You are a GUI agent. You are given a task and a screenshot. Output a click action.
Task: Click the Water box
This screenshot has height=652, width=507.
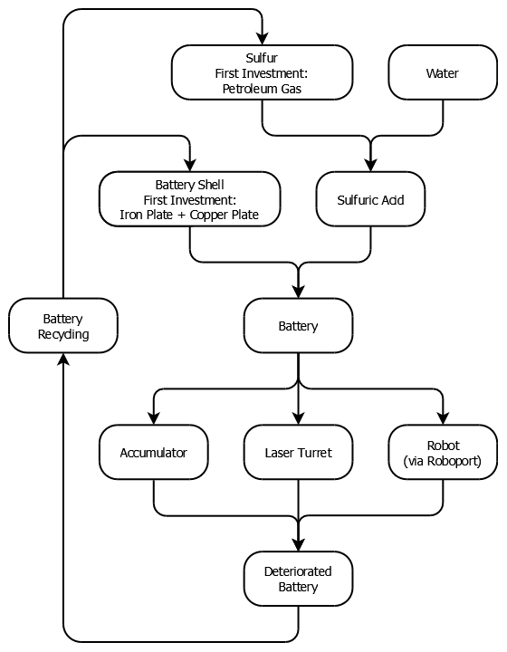coord(443,72)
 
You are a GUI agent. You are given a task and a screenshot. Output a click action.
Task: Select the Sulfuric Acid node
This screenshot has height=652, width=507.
coord(370,199)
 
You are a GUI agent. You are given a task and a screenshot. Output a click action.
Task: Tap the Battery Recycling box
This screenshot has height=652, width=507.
coord(63,326)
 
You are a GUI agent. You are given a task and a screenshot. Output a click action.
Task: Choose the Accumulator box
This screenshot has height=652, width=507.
coord(154,452)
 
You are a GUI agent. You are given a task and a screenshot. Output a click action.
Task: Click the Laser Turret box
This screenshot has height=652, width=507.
coord(299,452)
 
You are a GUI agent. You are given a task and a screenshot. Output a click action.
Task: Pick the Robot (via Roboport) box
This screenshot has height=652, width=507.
coord(443,452)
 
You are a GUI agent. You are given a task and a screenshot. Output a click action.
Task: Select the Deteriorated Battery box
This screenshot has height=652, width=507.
coord(299,579)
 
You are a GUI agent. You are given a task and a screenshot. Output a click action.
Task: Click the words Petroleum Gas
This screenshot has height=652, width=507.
coord(262,89)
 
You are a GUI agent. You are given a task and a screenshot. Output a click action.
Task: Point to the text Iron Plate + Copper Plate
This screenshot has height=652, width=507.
coord(189,215)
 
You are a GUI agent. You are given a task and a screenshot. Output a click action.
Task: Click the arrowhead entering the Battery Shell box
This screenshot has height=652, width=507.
coord(190,165)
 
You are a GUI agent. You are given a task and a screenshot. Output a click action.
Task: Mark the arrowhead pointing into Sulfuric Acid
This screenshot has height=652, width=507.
coord(370,165)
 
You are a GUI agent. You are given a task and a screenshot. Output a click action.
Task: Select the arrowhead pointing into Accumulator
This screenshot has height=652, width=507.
coord(154,417)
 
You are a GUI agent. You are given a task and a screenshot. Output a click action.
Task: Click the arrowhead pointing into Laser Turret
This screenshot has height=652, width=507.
coord(299,417)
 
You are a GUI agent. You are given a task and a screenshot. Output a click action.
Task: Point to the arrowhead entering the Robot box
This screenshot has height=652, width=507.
coord(443,417)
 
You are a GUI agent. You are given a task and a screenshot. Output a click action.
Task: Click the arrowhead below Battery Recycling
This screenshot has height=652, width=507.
coord(63,360)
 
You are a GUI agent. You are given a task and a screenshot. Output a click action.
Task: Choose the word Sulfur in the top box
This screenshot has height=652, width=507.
coord(262,58)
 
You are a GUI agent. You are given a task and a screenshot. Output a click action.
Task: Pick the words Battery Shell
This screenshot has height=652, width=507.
coord(189,185)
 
